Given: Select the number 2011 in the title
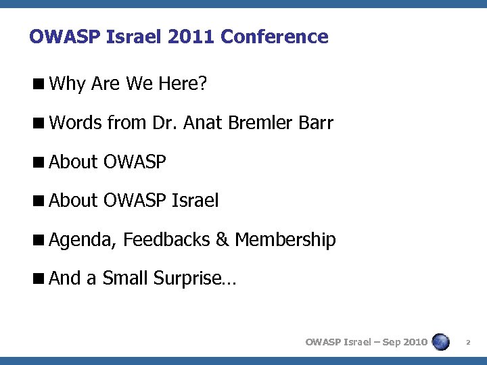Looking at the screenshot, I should click(x=196, y=36).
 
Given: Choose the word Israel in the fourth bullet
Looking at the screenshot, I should click(x=195, y=201).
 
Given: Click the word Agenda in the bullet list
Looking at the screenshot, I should click(x=83, y=239).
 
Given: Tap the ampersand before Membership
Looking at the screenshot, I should click(x=224, y=239).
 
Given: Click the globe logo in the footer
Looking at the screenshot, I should click(x=441, y=341).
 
